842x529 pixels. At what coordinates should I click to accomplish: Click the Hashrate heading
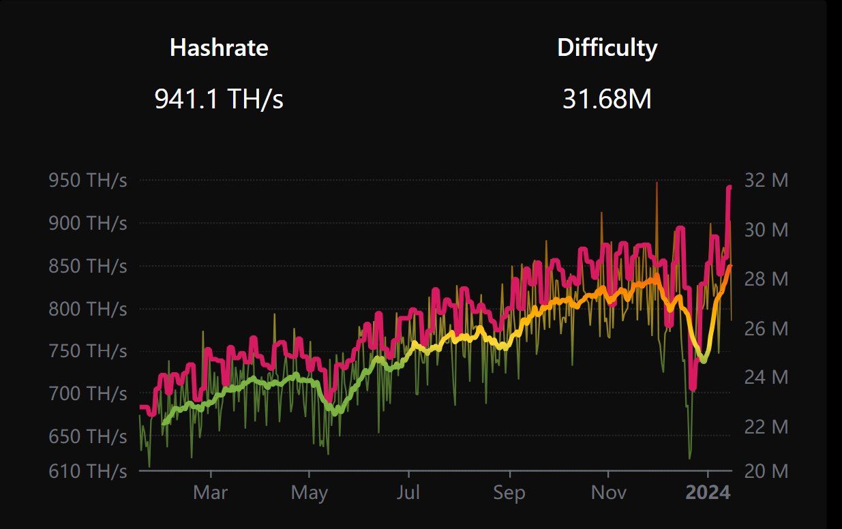pyautogui.click(x=219, y=48)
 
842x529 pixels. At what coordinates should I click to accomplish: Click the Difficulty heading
pyautogui.click(x=607, y=48)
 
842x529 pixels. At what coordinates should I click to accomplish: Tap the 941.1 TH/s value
pyautogui.click(x=219, y=100)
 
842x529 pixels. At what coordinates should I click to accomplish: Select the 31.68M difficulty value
pyautogui.click(x=607, y=100)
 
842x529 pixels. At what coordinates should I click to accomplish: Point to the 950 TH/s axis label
pyautogui.click(x=87, y=181)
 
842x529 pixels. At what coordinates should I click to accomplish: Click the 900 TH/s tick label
pyautogui.click(x=87, y=223)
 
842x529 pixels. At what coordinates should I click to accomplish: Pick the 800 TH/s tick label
pyautogui.click(x=87, y=309)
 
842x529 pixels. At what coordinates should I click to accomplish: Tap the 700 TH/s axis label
pyautogui.click(x=87, y=393)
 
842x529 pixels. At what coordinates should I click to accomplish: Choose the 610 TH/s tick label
pyautogui.click(x=87, y=471)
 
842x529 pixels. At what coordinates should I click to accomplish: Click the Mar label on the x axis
pyautogui.click(x=210, y=493)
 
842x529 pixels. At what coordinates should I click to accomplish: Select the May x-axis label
pyautogui.click(x=309, y=493)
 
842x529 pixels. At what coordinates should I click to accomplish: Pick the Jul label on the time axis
pyautogui.click(x=409, y=493)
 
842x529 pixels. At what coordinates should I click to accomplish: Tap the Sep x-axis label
pyautogui.click(x=509, y=493)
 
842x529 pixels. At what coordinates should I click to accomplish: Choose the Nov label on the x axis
pyautogui.click(x=608, y=493)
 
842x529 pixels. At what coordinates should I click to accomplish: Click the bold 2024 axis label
pyautogui.click(x=708, y=493)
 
